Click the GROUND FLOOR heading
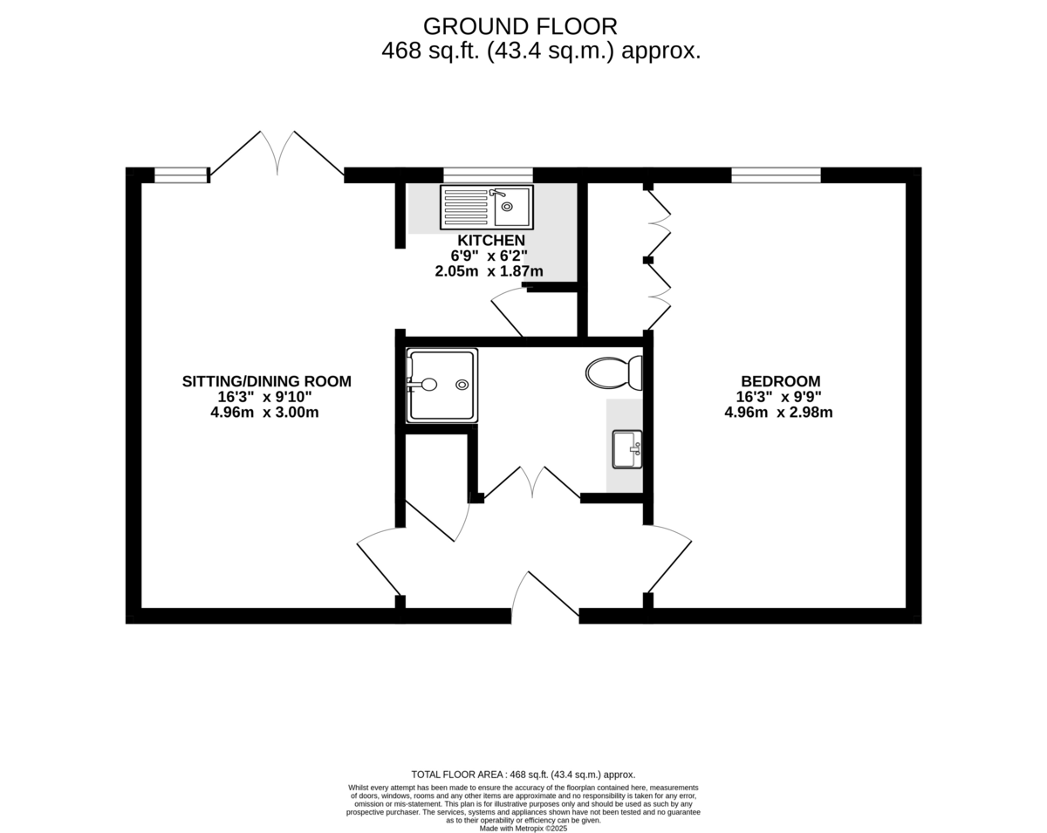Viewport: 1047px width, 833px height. click(520, 27)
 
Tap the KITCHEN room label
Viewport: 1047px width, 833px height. click(491, 241)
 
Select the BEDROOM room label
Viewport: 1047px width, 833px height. click(780, 381)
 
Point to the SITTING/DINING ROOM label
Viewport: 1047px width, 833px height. click(267, 381)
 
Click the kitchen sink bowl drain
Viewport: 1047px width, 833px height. click(507, 207)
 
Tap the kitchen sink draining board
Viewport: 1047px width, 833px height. click(466, 207)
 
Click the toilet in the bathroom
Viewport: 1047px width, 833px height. click(614, 373)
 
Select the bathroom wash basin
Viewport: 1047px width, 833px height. click(627, 449)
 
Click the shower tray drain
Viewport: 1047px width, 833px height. click(462, 385)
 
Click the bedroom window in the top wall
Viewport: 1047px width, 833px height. click(776, 175)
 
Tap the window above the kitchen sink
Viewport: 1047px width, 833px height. click(488, 175)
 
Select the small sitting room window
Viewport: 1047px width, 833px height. click(181, 175)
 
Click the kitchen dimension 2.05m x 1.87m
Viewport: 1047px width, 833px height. click(489, 271)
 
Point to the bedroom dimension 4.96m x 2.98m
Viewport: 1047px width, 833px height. click(778, 413)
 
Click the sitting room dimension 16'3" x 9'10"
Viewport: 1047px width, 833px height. click(264, 397)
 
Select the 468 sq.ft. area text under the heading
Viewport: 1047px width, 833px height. click(541, 51)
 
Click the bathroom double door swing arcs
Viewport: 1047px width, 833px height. click(532, 482)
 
